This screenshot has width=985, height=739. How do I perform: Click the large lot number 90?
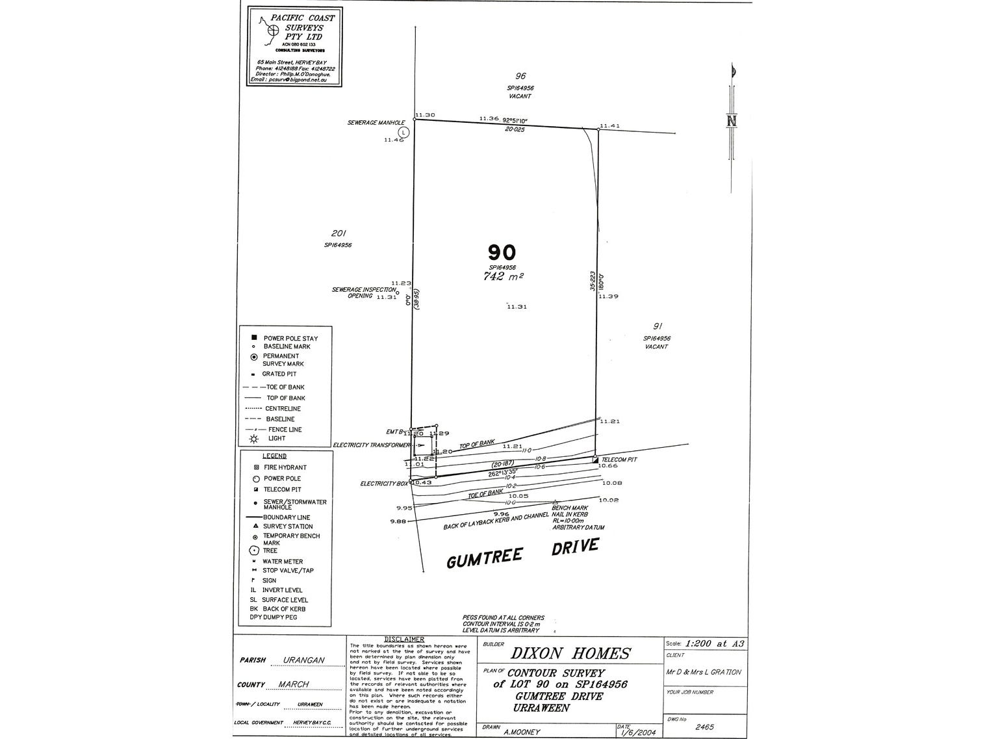tap(502, 252)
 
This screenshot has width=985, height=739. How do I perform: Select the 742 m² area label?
tap(500, 276)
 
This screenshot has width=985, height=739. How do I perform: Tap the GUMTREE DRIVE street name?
tap(522, 553)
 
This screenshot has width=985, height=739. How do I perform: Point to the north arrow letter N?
tap(732, 121)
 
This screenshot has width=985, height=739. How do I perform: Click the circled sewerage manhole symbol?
tap(403, 131)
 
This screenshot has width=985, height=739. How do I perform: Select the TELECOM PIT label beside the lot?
tap(619, 460)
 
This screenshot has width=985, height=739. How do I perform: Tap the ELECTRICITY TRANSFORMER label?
tap(371, 445)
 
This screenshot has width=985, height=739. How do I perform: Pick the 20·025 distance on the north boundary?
tap(515, 129)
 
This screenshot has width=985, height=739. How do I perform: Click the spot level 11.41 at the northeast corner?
tap(609, 125)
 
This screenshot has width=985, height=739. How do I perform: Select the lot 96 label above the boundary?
tap(520, 76)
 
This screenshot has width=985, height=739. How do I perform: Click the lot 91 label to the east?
tap(657, 326)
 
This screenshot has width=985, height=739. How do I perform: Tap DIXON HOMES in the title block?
tap(570, 653)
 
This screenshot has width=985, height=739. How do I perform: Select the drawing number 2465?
tap(704, 726)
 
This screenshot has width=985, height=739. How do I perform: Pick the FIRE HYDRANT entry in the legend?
tap(285, 467)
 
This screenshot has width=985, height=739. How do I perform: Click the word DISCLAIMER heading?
tap(404, 640)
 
